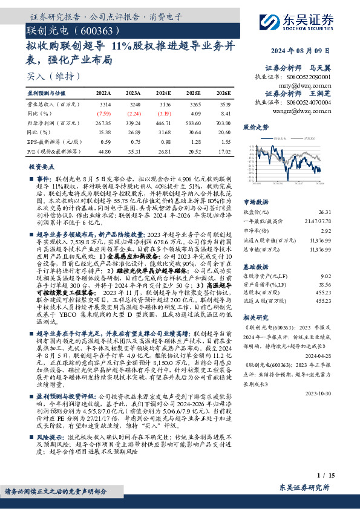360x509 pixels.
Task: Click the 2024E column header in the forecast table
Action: click(163, 94)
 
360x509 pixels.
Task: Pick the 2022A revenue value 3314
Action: click(104, 105)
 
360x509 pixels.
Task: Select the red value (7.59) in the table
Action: click(104, 113)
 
